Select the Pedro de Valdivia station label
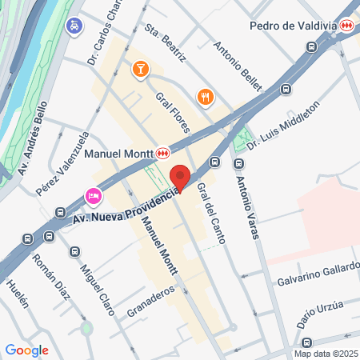point(293,26)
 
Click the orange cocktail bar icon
point(140,70)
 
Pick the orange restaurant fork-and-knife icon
point(206,97)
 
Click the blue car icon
point(74,26)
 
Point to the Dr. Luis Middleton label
point(283,124)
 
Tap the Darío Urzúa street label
point(321,310)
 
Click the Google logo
point(27,350)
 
